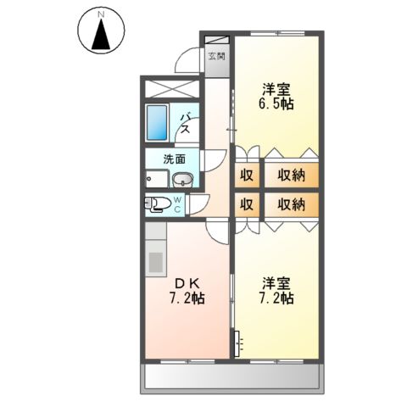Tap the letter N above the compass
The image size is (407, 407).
click(x=100, y=14)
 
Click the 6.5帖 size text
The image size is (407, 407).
click(x=276, y=105)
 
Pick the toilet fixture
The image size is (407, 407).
click(x=155, y=203)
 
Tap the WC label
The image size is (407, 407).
click(x=178, y=203)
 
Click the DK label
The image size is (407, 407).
click(x=187, y=282)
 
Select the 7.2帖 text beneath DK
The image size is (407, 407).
click(x=187, y=299)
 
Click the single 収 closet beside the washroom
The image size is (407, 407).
click(x=246, y=176)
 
